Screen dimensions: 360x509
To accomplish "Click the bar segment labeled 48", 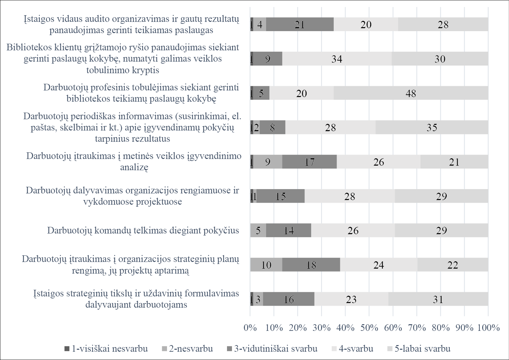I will (x=411, y=93).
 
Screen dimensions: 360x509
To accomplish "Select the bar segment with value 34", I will (x=337, y=59).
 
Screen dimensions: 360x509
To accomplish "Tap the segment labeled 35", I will (x=431, y=128).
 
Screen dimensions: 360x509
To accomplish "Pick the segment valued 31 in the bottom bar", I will (x=438, y=299).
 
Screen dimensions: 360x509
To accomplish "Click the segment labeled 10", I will (x=266, y=265).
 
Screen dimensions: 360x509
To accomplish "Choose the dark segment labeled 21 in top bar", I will (x=300, y=25).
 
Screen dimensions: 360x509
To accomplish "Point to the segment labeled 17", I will (x=309, y=162).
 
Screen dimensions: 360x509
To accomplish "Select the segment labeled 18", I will (x=311, y=265).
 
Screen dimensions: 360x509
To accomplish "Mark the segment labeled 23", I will (x=351, y=299).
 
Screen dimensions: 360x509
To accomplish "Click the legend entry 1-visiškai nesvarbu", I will (x=106, y=349).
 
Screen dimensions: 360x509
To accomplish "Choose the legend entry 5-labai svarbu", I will (x=419, y=349).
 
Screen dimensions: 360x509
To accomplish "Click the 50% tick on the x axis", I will (x=369, y=328).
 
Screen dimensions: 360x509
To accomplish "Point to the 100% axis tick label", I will (x=488, y=328).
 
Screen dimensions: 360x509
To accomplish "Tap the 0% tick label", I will (x=250, y=328).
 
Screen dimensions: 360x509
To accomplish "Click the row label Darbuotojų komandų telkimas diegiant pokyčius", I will (x=143, y=231).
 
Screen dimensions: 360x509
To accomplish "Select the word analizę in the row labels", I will (x=134, y=167).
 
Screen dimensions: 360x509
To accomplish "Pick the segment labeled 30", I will (x=440, y=59).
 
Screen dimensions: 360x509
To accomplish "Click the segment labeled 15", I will (x=280, y=196).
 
